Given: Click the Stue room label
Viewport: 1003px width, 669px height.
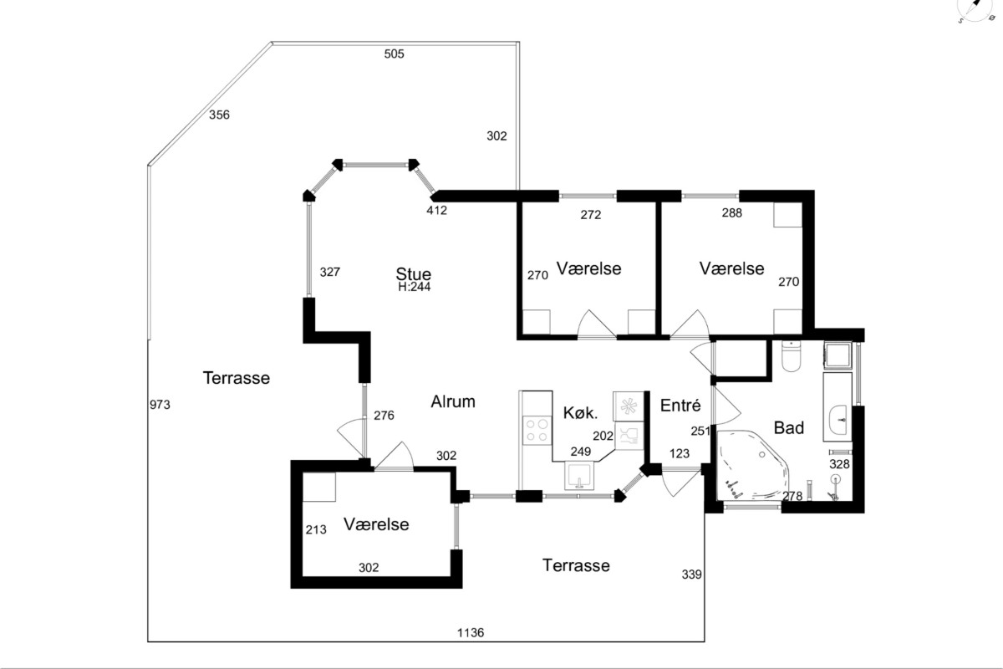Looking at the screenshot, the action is tap(413, 273).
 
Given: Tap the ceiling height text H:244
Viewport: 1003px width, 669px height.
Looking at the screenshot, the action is tap(415, 287).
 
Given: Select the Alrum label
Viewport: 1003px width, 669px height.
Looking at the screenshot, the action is tap(453, 401).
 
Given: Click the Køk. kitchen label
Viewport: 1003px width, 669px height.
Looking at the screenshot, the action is tap(580, 413).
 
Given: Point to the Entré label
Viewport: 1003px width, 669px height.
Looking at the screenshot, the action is tap(680, 405).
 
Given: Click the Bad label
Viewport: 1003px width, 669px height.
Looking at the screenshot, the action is tap(788, 428).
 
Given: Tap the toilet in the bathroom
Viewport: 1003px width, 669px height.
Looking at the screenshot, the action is tap(791, 356).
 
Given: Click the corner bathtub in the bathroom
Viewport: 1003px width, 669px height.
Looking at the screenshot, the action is tap(753, 466).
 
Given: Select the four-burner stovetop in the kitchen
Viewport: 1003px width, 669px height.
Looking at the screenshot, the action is tap(537, 430).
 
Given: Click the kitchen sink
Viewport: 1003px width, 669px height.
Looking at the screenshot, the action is tap(579, 476).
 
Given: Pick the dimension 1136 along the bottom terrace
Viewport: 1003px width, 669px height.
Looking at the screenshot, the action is tap(471, 633).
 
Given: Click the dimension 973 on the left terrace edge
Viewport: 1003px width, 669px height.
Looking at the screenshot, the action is tap(160, 405).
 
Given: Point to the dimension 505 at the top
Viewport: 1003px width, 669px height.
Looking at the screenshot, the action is tap(394, 54).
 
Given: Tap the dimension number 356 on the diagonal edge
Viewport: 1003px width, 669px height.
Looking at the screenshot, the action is tap(219, 115).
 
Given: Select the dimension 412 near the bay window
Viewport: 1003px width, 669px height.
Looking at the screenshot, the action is tap(436, 210).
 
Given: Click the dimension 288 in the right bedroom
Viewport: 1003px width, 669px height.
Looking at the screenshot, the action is tap(732, 213).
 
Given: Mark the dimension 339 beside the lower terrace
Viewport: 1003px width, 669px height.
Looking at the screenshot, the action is tap(692, 574).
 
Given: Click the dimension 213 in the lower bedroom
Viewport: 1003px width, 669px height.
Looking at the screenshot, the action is tap(316, 529).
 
